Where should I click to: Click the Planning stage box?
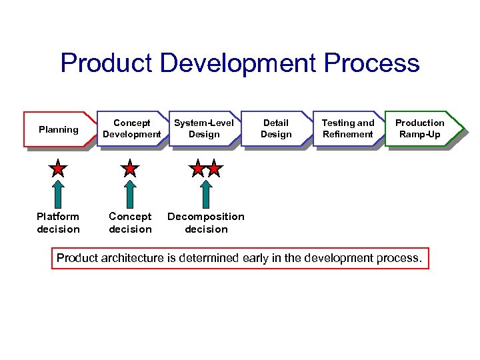coord(58,129)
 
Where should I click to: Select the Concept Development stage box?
coord(132,129)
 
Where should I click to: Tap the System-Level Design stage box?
coord(204,129)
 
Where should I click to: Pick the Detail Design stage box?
coord(276,129)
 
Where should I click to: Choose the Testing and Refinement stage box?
coord(348,129)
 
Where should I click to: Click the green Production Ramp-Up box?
coord(420,129)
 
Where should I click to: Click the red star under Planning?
coord(59,169)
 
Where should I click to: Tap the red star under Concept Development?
coord(130,169)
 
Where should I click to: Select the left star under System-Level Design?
coord(197,169)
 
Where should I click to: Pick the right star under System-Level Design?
coord(213,169)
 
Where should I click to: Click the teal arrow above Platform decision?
coord(59,194)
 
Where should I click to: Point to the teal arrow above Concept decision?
coord(130,194)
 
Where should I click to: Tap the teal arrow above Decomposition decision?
coord(206,194)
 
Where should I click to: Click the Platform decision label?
coord(58,223)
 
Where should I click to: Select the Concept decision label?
coord(130,223)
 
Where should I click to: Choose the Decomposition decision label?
coord(206,223)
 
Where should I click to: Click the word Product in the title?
coord(107,63)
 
